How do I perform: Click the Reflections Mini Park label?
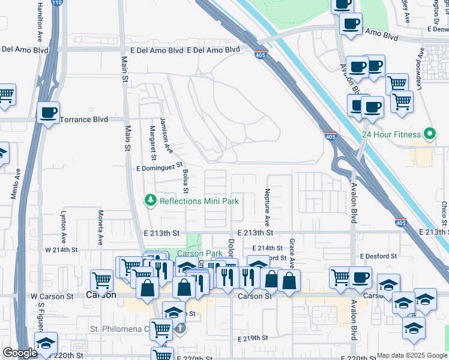point(199,200)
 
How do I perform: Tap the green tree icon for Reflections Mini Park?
point(151,200)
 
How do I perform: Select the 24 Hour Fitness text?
point(391,134)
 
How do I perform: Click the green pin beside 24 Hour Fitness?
point(430,134)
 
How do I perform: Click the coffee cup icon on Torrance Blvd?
point(48,112)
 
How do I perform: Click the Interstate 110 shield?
point(56,3)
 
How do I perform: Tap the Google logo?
point(20,353)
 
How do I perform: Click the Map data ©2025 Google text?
point(411,355)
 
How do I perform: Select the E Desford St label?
point(379,256)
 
